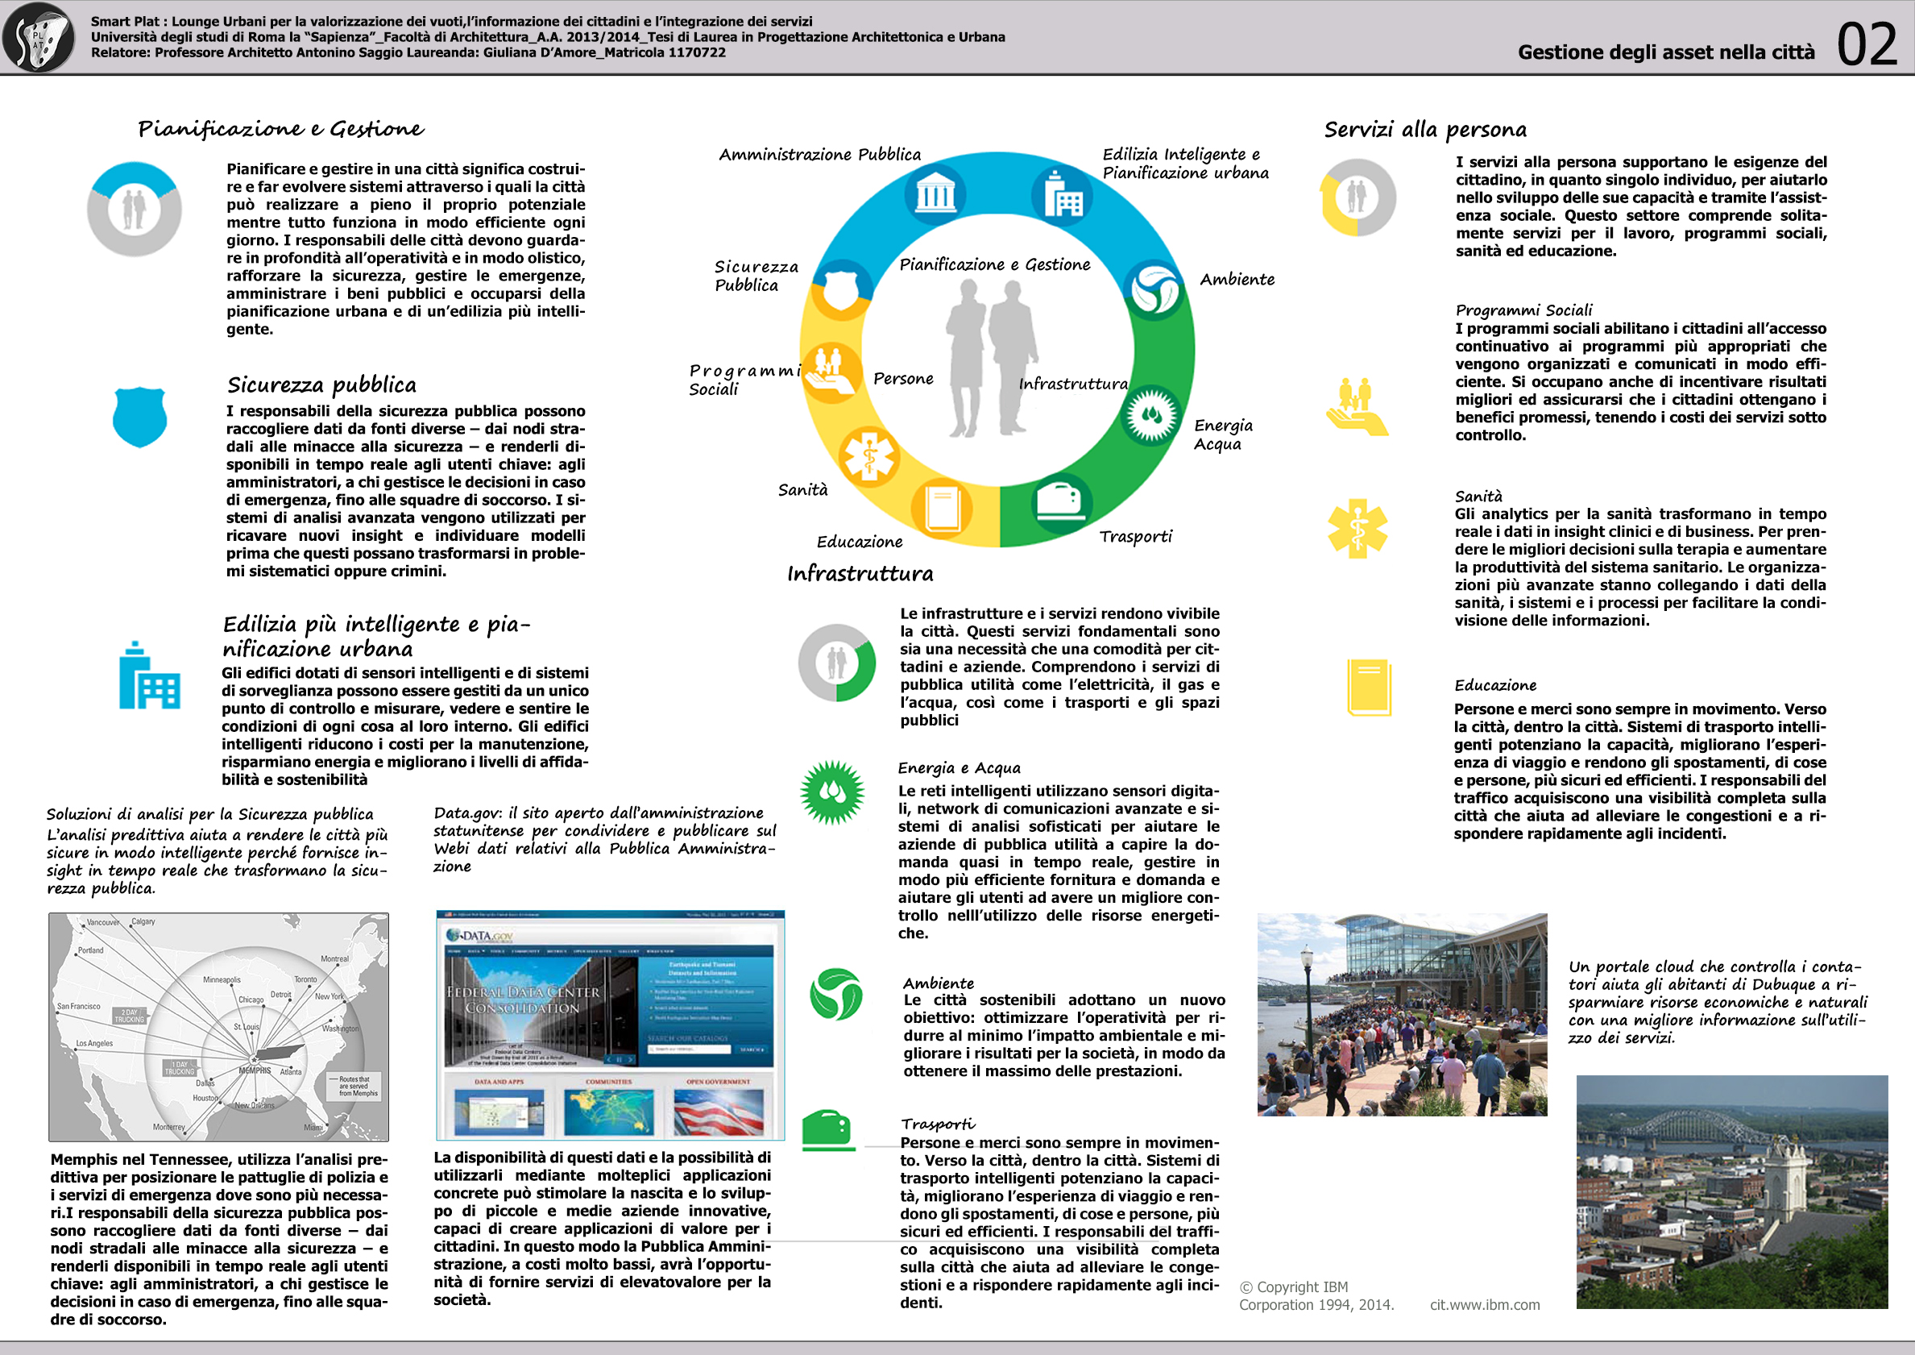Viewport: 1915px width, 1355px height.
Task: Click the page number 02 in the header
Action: [1867, 45]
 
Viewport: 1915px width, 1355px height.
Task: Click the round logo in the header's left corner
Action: [39, 38]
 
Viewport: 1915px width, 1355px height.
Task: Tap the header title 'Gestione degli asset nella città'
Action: [1665, 52]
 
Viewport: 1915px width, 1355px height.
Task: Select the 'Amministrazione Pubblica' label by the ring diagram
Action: [819, 154]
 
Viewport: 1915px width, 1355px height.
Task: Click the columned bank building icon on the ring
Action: [935, 195]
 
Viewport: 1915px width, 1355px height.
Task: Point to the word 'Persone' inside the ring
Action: [902, 379]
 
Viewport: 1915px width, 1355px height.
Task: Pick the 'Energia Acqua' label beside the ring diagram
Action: [1222, 434]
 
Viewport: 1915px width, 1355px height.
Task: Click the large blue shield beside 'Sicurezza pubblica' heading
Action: [139, 417]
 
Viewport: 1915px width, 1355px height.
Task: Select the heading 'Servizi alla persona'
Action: [1424, 129]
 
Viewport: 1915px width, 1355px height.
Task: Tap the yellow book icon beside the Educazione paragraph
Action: [1369, 688]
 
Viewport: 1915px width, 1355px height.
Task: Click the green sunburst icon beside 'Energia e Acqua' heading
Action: [831, 792]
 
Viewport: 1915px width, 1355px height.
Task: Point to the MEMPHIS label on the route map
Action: [255, 1070]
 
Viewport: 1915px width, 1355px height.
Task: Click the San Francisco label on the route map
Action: [78, 1006]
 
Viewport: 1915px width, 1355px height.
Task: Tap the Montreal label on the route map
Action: [334, 958]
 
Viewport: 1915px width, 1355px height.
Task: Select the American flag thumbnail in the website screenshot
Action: [718, 1111]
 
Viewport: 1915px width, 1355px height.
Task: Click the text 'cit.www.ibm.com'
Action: [1484, 1305]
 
